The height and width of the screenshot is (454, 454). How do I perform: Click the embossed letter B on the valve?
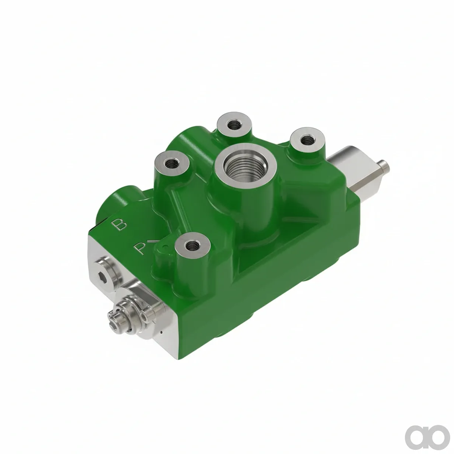(120, 224)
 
